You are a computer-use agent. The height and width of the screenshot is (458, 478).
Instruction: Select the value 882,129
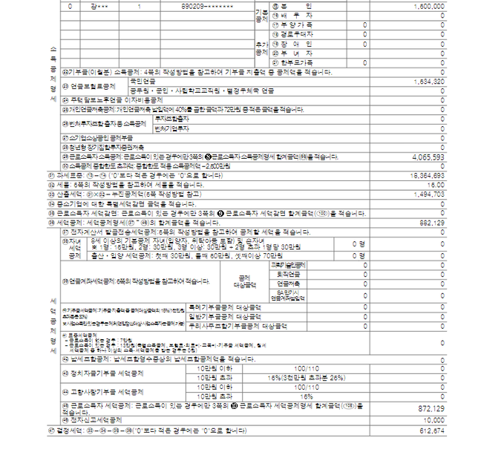tap(431, 222)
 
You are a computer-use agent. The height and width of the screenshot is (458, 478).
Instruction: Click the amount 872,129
tap(431, 408)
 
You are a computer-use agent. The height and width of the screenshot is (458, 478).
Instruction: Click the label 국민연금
tap(142, 80)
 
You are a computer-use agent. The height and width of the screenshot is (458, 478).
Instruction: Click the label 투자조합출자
tap(171, 119)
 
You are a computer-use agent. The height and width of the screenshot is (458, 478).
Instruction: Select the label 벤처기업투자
tap(171, 128)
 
